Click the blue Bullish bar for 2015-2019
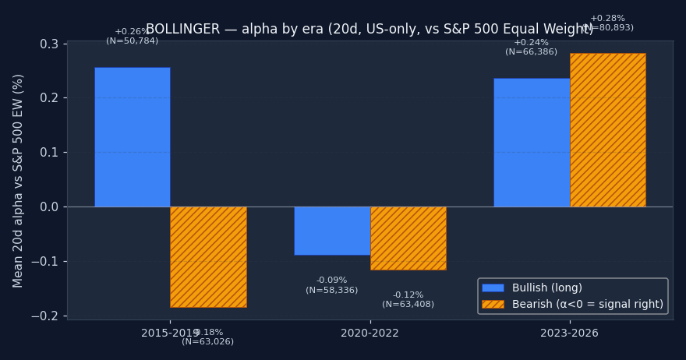click(132, 136)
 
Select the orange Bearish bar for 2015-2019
click(208, 256)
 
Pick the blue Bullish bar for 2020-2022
click(332, 231)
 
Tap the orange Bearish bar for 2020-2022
click(408, 238)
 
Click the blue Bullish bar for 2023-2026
click(532, 142)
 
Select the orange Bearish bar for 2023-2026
click(607, 129)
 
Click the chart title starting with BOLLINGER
click(370, 30)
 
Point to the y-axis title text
click(19, 180)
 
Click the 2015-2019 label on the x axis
click(170, 334)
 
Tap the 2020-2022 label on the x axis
click(370, 334)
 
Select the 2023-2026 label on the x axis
click(569, 334)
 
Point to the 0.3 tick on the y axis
click(49, 44)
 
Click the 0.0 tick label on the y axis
click(49, 206)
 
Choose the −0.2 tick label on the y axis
click(46, 316)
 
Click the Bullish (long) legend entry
click(546, 288)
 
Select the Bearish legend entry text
click(587, 305)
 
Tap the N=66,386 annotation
click(531, 52)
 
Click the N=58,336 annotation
click(331, 291)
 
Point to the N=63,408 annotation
click(408, 305)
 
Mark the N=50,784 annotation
click(132, 41)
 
